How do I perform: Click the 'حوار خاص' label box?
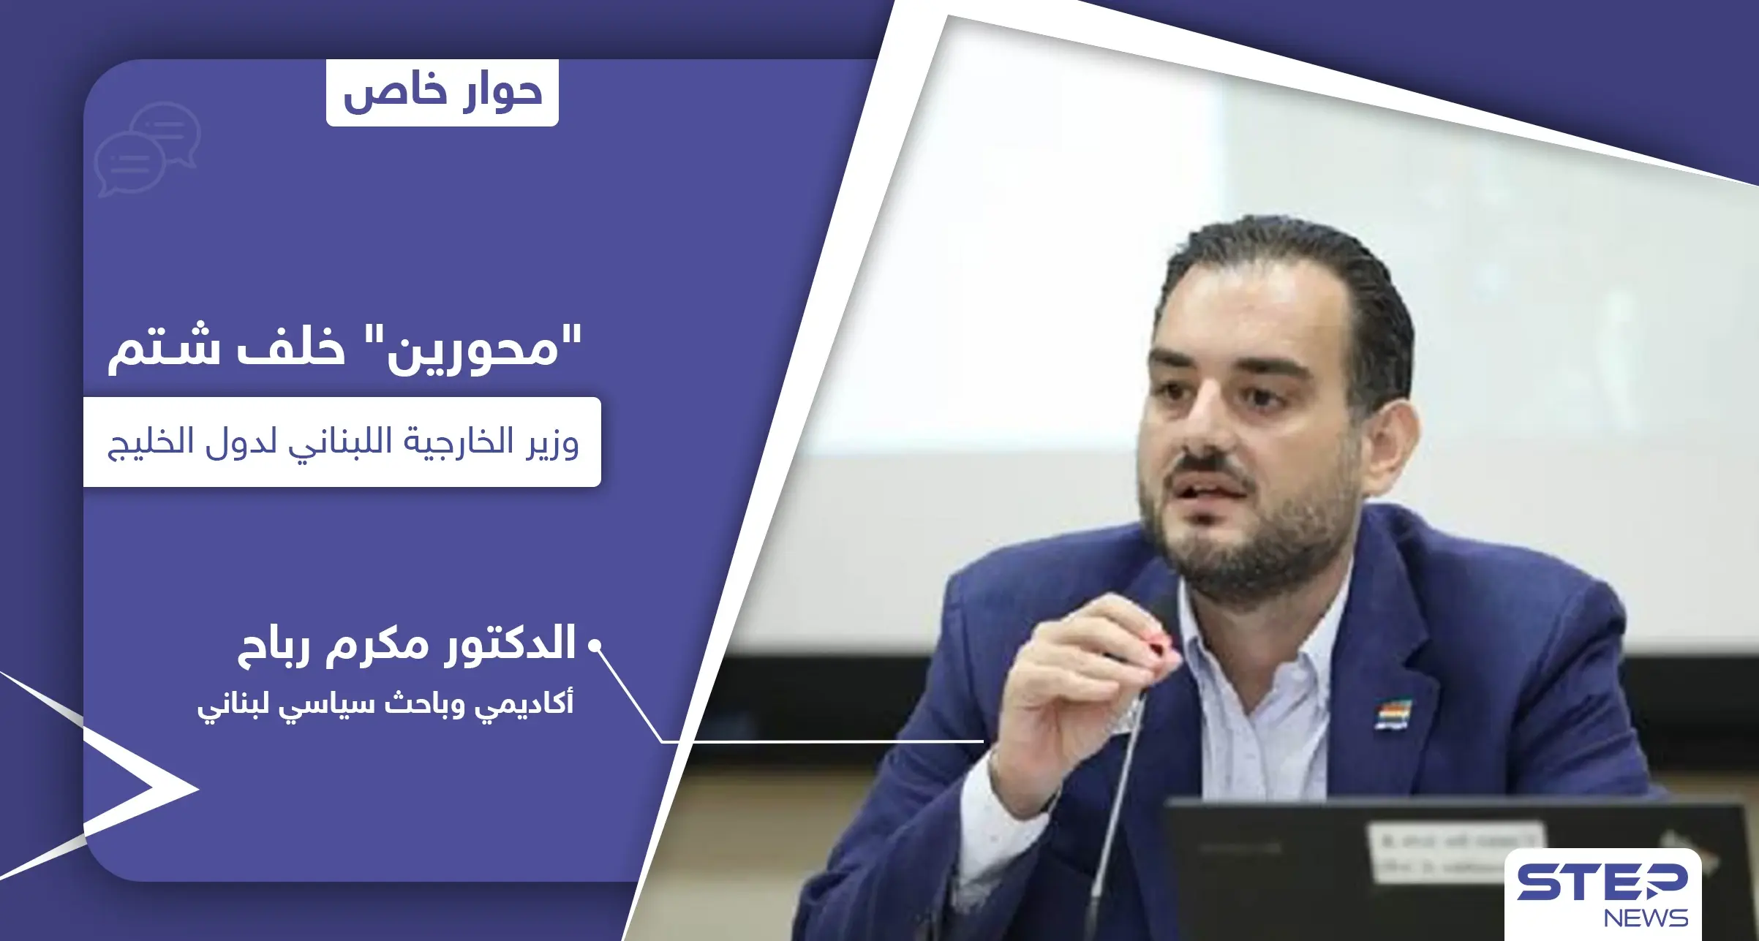click(x=442, y=93)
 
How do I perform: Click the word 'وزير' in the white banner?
click(x=552, y=443)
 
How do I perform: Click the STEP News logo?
click(x=1602, y=894)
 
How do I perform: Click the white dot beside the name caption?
click(x=595, y=646)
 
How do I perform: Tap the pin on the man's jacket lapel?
click(x=1393, y=713)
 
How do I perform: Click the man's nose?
click(x=1207, y=431)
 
